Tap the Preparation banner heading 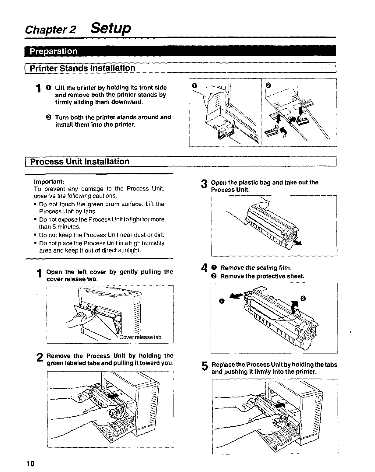[x=53, y=51]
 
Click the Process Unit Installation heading [x=80, y=161]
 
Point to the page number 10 [x=30, y=463]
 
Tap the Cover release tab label [x=140, y=337]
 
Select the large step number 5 [x=205, y=367]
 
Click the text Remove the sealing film [x=256, y=268]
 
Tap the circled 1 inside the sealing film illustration [x=222, y=301]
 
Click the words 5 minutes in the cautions [x=59, y=227]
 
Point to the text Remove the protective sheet [x=262, y=276]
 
